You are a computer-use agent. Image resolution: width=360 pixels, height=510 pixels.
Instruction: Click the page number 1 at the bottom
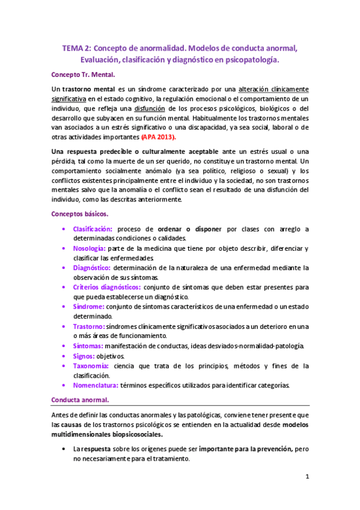307,477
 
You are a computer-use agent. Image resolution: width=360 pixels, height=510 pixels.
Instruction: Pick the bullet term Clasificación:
93,229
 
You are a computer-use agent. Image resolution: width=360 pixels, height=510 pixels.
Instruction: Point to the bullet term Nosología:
90,248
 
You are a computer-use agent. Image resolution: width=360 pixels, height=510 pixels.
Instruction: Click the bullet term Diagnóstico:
91,268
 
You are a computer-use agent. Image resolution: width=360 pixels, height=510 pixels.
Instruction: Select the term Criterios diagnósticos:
106,287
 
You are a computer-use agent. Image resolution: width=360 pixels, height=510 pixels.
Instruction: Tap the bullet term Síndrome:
89,307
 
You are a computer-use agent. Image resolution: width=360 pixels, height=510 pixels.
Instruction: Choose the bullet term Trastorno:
89,326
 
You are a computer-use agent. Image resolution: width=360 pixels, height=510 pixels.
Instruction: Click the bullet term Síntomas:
88,346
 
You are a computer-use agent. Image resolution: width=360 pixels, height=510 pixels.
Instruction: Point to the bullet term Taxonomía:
91,366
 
